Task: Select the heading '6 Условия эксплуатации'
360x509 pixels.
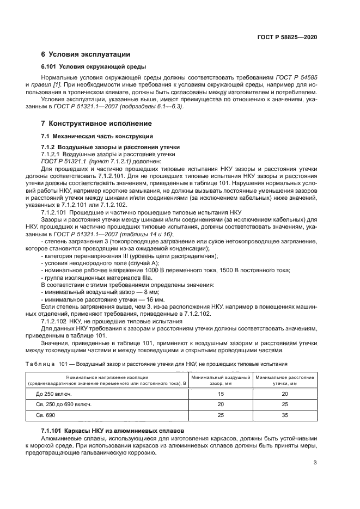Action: pos(86,54)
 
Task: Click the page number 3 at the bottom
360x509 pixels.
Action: pos(315,463)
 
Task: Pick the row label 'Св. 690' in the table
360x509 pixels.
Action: pos(46,416)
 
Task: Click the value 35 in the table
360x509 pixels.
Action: pos(285,416)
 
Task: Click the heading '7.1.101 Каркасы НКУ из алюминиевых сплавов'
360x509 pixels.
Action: pos(113,431)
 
